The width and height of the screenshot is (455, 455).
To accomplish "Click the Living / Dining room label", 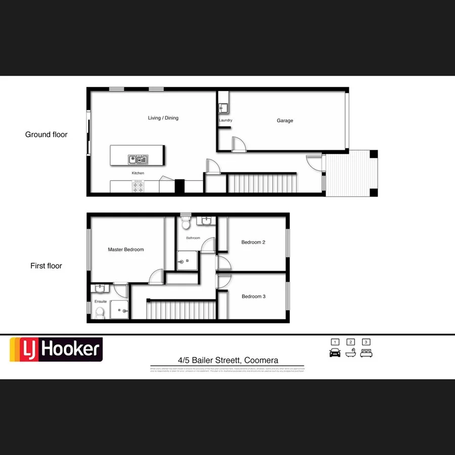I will point(163,118).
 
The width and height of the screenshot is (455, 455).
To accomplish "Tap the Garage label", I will point(285,121).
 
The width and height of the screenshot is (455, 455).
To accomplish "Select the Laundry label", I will point(225,120).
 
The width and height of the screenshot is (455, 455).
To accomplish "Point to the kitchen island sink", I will point(138,160).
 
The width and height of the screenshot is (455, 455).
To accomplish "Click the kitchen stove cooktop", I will point(138,187).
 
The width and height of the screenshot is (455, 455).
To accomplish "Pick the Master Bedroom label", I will point(126,250).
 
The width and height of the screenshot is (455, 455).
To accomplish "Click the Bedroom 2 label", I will point(253,243).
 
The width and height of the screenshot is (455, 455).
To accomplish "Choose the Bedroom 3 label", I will point(253,297).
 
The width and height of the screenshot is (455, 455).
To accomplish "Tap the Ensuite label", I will point(101,302).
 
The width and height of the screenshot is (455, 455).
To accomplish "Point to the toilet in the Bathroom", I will point(186,222).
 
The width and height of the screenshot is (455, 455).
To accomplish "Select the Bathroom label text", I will point(193,238).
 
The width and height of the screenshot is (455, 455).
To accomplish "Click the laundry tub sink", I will point(223,108).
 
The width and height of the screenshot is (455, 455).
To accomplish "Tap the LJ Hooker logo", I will point(56,349).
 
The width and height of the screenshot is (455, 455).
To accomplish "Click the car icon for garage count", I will point(335,353).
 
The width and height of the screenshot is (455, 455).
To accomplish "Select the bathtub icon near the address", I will point(350,353).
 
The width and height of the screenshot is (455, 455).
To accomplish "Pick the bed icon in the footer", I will point(366,353).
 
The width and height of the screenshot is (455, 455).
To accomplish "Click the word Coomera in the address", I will point(261,360).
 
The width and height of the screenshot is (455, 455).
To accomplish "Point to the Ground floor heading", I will point(46,134).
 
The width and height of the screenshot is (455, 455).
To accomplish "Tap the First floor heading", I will point(46,266).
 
